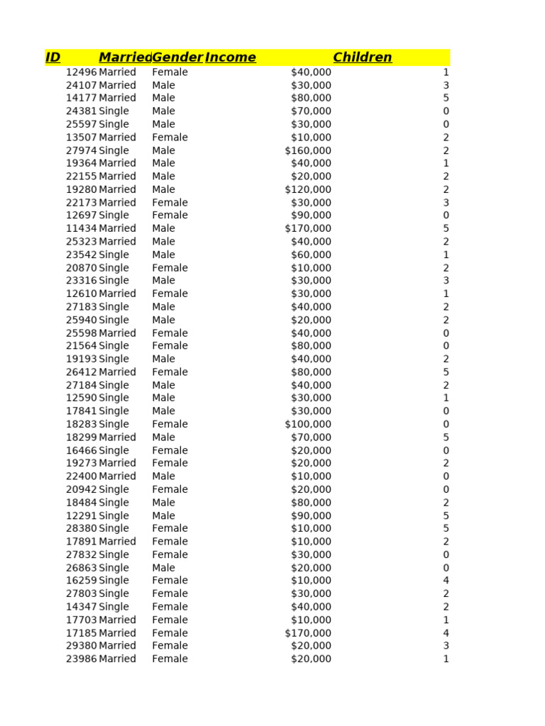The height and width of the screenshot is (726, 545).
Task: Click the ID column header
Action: click(53, 57)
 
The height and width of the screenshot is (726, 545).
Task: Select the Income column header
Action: click(231, 57)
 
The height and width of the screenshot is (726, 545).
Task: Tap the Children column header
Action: click(363, 57)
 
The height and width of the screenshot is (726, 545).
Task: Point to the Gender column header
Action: click(177, 57)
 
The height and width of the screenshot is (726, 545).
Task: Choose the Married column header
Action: click(125, 57)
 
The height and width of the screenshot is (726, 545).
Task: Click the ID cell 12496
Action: click(81, 72)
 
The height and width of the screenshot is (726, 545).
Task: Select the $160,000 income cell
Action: click(308, 150)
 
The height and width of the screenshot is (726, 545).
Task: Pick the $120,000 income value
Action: click(308, 189)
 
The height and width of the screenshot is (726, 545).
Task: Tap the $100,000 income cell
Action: click(308, 424)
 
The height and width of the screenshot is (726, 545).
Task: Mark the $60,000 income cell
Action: click(311, 255)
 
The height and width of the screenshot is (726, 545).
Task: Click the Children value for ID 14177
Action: click(446, 98)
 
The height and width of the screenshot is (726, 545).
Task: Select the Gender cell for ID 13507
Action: click(170, 138)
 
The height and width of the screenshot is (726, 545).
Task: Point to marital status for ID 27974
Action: click(114, 150)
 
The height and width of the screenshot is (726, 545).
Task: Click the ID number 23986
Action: click(81, 659)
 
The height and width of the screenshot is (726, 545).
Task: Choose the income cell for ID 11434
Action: click(308, 228)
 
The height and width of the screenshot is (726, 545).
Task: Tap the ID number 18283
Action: click(81, 424)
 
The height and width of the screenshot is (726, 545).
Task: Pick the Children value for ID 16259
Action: click(446, 581)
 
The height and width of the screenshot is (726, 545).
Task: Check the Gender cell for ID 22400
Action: click(163, 476)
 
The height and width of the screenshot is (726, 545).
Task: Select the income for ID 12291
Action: click(311, 515)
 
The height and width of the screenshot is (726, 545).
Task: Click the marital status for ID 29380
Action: click(117, 646)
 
